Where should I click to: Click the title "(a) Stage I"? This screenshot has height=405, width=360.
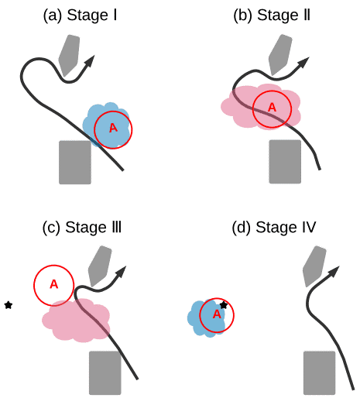80,15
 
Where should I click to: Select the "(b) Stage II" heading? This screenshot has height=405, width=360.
272,15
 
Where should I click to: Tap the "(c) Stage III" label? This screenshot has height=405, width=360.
81,228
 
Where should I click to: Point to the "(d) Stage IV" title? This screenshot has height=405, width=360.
274,228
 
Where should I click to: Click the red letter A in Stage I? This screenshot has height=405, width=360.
113,128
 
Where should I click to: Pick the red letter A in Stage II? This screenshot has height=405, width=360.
272,107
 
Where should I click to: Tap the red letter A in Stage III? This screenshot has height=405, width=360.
53,284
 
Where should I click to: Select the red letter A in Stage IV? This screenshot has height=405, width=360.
217,314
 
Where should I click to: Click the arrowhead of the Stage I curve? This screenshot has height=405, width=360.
90,61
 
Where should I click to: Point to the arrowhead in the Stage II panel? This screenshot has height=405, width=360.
303,63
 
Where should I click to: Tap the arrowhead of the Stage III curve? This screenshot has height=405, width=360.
121,272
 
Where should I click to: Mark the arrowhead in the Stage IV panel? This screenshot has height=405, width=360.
334,272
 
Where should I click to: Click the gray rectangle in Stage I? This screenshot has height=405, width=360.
75,162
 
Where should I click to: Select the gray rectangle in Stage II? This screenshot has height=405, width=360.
285,162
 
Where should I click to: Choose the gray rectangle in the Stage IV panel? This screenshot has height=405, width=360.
320,372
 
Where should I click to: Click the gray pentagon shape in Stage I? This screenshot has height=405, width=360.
69,55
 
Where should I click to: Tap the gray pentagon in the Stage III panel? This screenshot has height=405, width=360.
100,266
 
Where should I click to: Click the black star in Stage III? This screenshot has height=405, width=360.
9,305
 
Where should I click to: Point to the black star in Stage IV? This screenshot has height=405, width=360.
224,305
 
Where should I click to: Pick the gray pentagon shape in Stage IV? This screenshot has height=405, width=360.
314,266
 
